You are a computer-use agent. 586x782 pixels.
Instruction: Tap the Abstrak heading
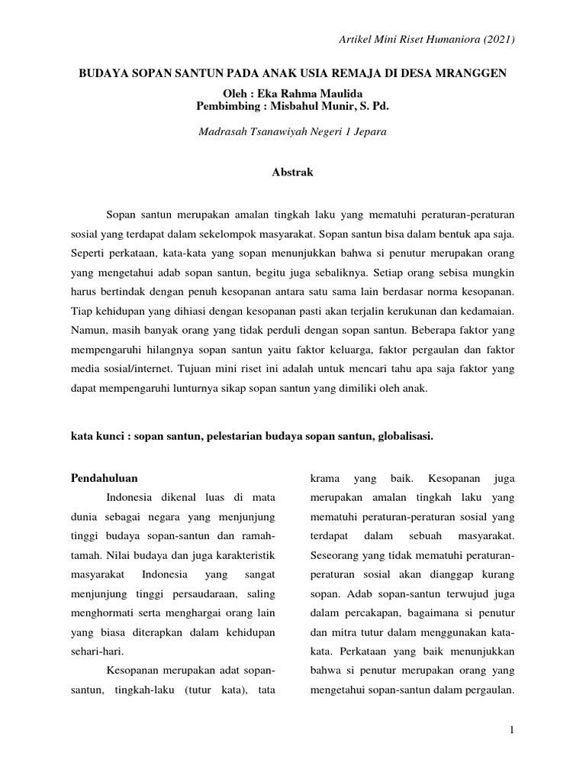click(292, 173)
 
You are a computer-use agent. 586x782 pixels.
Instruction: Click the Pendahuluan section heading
click(104, 479)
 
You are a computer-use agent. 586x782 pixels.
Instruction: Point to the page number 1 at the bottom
click(513, 731)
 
